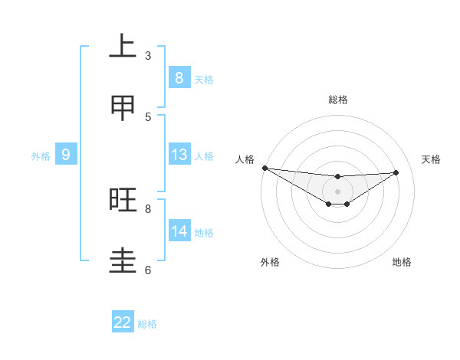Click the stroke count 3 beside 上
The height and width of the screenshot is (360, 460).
click(x=148, y=55)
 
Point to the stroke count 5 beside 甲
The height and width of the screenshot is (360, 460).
click(x=148, y=116)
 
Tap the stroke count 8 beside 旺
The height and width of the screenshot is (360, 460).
click(x=148, y=208)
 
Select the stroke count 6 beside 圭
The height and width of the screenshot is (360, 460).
click(x=148, y=270)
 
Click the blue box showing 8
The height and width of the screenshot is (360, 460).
click(x=179, y=77)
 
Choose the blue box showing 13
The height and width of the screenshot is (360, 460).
click(x=179, y=155)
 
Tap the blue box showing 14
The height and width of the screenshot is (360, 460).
click(x=179, y=231)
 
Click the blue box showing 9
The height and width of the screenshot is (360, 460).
click(x=66, y=155)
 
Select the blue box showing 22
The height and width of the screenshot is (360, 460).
click(x=123, y=322)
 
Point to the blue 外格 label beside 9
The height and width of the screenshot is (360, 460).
click(x=41, y=156)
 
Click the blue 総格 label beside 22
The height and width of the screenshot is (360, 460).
click(x=147, y=324)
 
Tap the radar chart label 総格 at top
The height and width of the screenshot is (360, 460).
click(x=337, y=100)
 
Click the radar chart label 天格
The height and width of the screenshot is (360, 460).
click(x=431, y=159)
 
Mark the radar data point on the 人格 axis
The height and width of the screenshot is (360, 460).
click(x=264, y=168)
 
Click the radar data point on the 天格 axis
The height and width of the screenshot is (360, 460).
click(x=396, y=172)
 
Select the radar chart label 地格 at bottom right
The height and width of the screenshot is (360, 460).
click(x=402, y=262)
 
